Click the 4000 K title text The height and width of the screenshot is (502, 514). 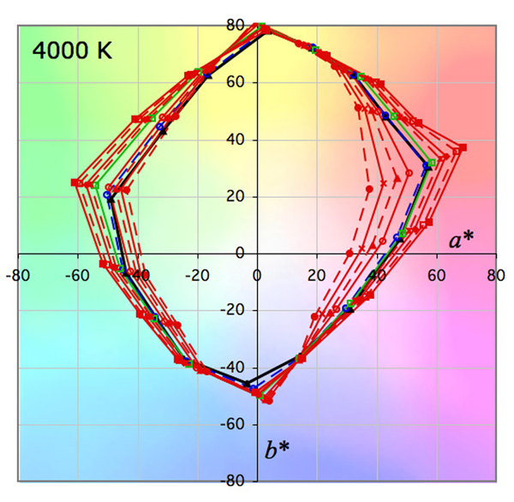[x=72, y=48]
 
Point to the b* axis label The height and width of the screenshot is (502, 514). [x=276, y=450]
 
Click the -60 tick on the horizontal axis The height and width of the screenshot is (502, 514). [x=77, y=277]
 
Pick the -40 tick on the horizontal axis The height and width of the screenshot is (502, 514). [x=137, y=277]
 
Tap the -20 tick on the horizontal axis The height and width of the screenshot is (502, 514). [x=197, y=277]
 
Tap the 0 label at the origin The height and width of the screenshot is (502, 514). [x=257, y=277]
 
